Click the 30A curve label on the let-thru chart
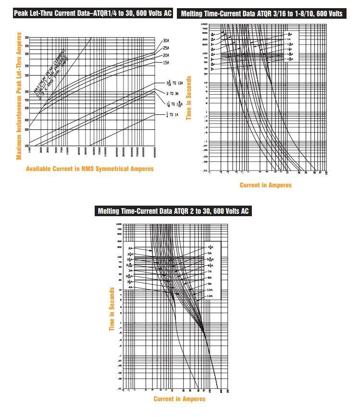166,41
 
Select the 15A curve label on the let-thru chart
166,62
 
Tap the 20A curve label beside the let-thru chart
166,55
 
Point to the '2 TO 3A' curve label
173,94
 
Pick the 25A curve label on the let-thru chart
166,48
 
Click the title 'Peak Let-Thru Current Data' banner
93,13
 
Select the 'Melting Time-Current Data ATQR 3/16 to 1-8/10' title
261,14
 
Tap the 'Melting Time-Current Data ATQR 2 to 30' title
173,211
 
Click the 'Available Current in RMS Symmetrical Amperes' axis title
90,169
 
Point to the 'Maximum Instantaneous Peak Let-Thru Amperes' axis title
20,96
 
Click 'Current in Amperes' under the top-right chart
265,185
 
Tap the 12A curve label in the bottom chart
210,296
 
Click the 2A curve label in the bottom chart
130,248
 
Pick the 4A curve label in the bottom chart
130,287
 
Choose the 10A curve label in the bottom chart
210,290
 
